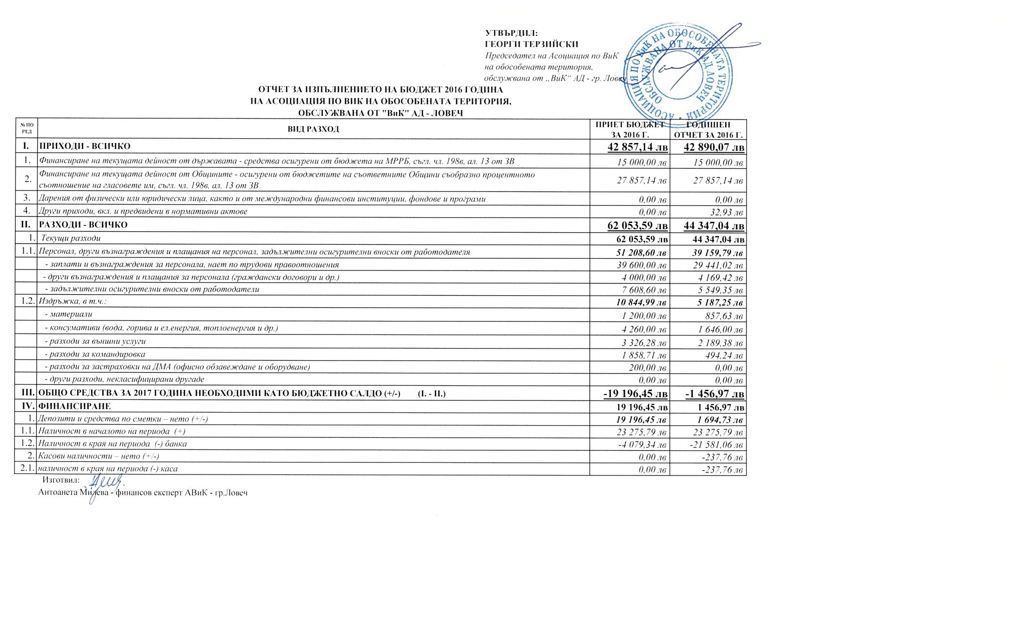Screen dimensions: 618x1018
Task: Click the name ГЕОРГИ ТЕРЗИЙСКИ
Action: pyautogui.click(x=532, y=45)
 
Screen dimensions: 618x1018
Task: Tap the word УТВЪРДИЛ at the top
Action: pyautogui.click(x=511, y=33)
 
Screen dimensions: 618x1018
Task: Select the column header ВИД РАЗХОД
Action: pyautogui.click(x=313, y=129)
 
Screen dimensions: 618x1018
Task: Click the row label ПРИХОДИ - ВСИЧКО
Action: pyautogui.click(x=85, y=146)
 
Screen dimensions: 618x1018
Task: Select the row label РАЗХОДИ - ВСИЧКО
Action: pyautogui.click(x=83, y=225)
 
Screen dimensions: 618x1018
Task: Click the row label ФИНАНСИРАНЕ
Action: pyautogui.click(x=75, y=406)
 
